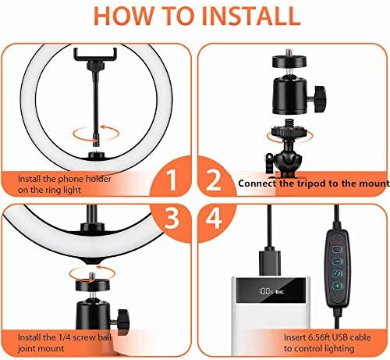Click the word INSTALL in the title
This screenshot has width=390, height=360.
[x=251, y=16]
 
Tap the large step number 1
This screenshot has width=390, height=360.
[x=171, y=180]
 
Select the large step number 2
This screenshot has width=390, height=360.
[x=214, y=180]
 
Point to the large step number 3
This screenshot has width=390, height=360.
[x=171, y=218]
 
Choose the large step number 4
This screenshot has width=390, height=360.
[x=214, y=218]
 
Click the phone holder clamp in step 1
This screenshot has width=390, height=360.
[x=95, y=55]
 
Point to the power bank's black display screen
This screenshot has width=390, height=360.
[x=271, y=290]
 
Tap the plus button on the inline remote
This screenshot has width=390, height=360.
[x=338, y=286]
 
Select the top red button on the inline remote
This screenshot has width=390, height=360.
[x=338, y=250]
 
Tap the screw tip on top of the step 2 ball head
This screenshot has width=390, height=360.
[x=289, y=52]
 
